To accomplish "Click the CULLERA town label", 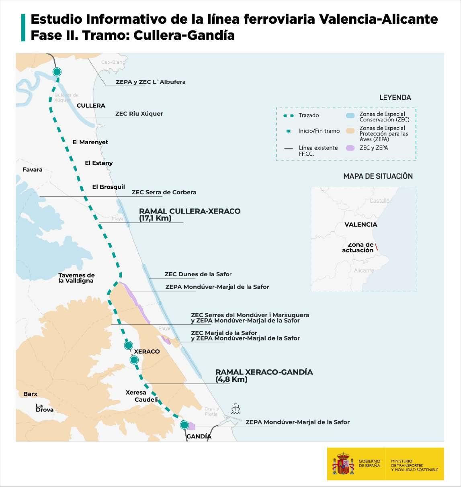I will [x=91, y=106].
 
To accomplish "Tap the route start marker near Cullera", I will [x=57, y=72].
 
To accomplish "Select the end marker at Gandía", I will [x=184, y=425].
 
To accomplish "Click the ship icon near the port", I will [x=236, y=409].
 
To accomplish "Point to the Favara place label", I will [x=33, y=170].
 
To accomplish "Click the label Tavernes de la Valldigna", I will [x=76, y=278].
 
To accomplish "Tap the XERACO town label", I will [x=147, y=352].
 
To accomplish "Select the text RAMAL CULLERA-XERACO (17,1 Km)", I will [x=189, y=215].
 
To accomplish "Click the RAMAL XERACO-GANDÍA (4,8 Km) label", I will [x=264, y=375].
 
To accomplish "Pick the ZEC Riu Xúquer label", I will [x=139, y=114].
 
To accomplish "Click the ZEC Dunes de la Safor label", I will [x=198, y=274].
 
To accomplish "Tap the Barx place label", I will [x=30, y=394].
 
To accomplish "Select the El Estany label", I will [x=99, y=163].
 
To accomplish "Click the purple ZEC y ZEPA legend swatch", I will [x=350, y=148].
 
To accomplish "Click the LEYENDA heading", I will [x=395, y=98].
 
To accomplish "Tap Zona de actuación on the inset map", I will [x=358, y=247].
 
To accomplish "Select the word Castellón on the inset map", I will [x=380, y=201].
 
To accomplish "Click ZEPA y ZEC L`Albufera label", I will [x=150, y=82].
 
